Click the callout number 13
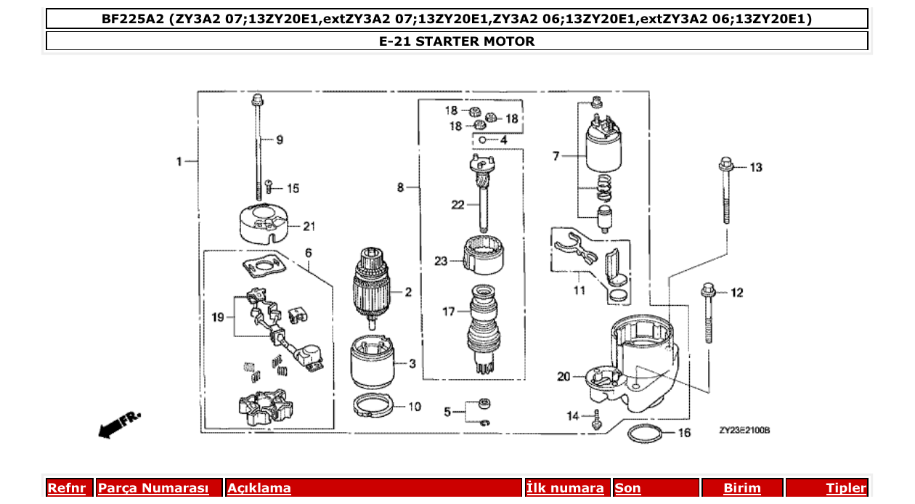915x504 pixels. click(x=756, y=168)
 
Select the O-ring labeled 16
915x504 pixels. click(x=644, y=434)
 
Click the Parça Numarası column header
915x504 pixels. click(x=153, y=488)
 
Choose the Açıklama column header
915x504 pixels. click(x=259, y=488)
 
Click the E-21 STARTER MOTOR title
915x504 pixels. click(x=457, y=41)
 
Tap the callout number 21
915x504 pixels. click(x=309, y=227)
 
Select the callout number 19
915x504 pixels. click(x=218, y=317)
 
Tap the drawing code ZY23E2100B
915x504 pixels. click(x=744, y=430)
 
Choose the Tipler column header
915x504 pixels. click(x=845, y=488)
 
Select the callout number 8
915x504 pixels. click(x=401, y=187)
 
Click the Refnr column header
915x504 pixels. click(x=66, y=488)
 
